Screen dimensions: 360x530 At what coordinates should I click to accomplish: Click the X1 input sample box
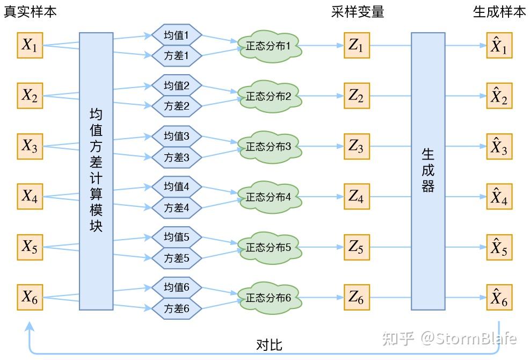pyautogui.click(x=30, y=46)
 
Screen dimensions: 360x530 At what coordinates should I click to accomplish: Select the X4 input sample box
pyautogui.click(x=30, y=197)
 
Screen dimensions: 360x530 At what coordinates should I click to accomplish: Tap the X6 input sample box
pyautogui.click(x=30, y=297)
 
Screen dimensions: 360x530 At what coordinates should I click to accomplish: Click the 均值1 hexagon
pyautogui.click(x=176, y=36)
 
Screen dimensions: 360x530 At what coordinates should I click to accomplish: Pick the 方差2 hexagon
pyautogui.click(x=176, y=106)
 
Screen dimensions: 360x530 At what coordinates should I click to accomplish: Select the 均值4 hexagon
pyautogui.click(x=176, y=187)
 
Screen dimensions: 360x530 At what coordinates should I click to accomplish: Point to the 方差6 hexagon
pyautogui.click(x=176, y=308)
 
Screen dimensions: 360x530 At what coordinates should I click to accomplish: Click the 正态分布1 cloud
pyautogui.click(x=269, y=47)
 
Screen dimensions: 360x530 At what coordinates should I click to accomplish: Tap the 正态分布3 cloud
pyautogui.click(x=269, y=147)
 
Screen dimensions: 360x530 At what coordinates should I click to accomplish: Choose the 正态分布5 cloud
pyautogui.click(x=269, y=248)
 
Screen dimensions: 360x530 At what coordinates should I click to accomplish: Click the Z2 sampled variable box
pyautogui.click(x=356, y=96)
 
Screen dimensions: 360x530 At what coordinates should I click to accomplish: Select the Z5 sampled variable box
pyautogui.click(x=356, y=247)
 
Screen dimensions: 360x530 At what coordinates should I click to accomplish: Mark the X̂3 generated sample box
pyautogui.click(x=499, y=147)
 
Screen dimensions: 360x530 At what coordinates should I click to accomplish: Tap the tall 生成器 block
pyautogui.click(x=428, y=171)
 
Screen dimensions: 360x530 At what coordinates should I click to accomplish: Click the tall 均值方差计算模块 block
pyautogui.click(x=96, y=171)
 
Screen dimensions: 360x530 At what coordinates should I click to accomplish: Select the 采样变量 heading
pyautogui.click(x=358, y=12)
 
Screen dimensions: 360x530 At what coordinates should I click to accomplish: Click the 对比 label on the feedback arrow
pyautogui.click(x=269, y=344)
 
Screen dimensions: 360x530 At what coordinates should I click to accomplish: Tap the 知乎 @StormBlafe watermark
pyautogui.click(x=448, y=338)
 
